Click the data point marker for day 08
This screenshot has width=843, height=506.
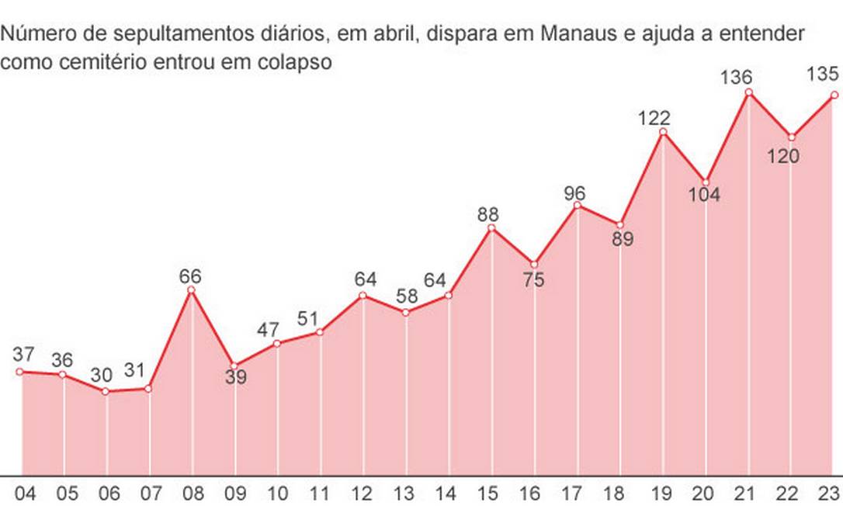(x=192, y=290)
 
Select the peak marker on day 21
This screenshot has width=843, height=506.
(x=749, y=92)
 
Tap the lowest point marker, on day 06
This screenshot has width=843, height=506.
(x=106, y=391)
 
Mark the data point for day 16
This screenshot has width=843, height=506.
(x=534, y=264)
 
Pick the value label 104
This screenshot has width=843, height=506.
(x=704, y=194)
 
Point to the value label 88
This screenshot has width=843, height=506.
(x=487, y=213)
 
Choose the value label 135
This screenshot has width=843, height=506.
(x=822, y=75)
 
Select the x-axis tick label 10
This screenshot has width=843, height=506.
(x=277, y=494)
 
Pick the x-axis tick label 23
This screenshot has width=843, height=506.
(x=829, y=494)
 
